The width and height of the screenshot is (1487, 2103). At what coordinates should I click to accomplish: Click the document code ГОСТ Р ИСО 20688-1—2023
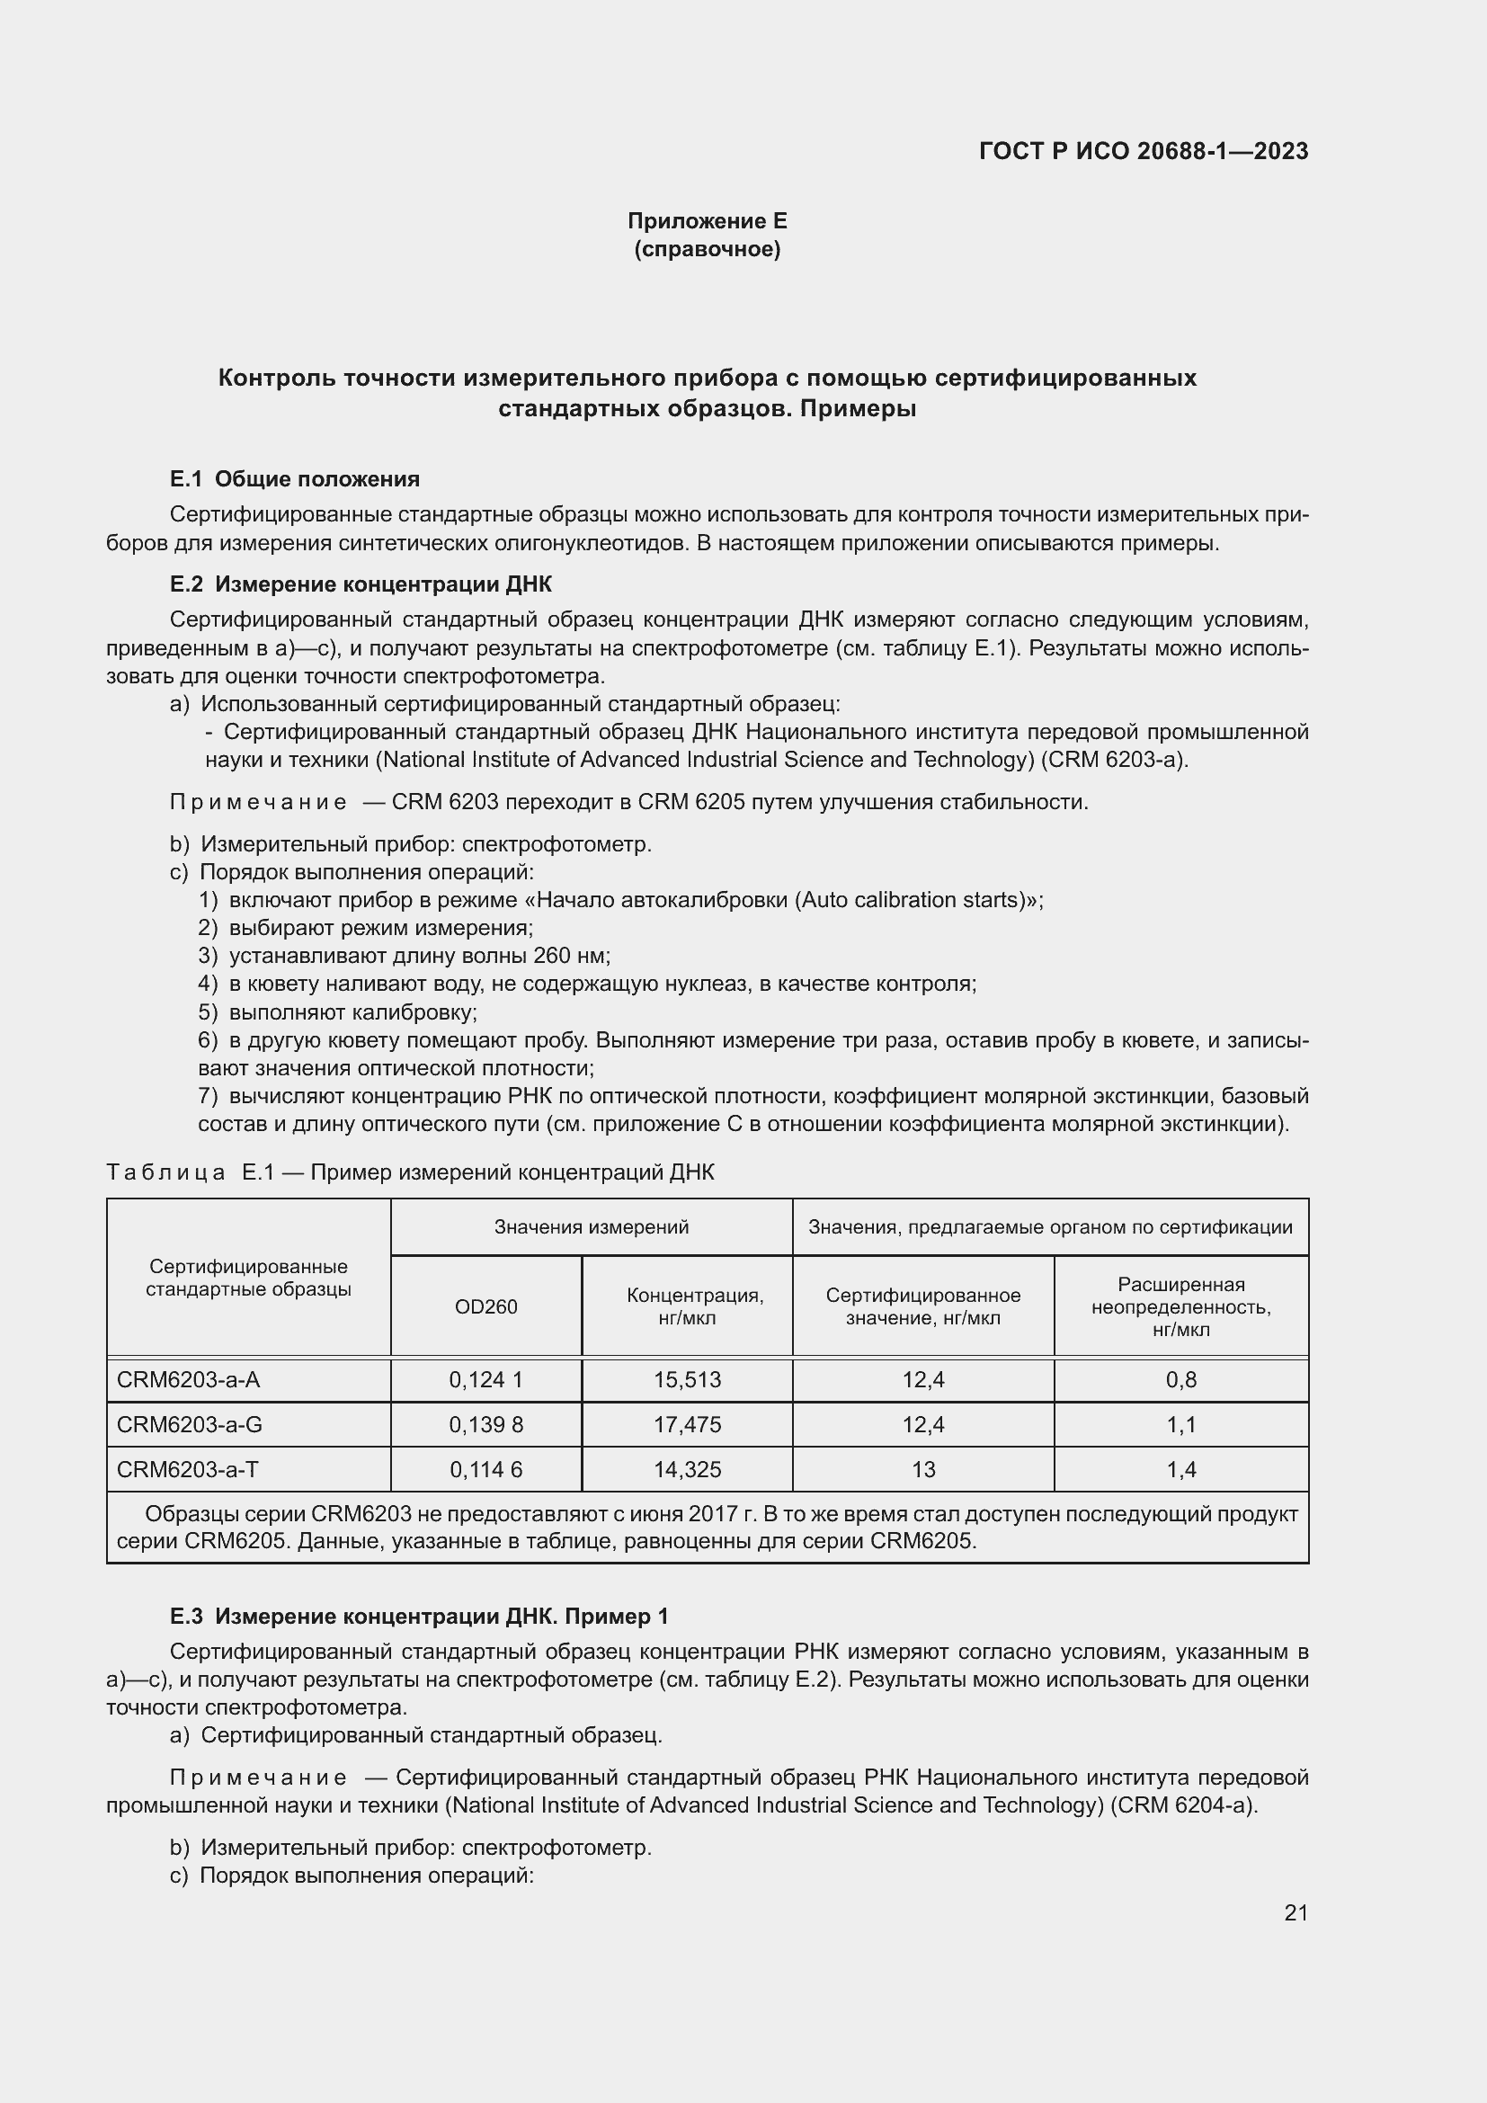point(1143,151)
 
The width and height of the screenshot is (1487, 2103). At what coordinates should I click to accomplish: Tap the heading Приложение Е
point(707,221)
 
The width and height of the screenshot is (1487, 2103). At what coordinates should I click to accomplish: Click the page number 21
point(1296,1912)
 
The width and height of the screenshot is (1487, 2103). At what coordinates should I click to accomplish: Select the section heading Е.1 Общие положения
point(295,479)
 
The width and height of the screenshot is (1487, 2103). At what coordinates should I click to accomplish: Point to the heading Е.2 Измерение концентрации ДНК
point(361,584)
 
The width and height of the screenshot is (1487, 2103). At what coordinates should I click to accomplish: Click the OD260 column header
point(486,1306)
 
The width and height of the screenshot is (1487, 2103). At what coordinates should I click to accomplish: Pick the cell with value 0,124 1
point(486,1379)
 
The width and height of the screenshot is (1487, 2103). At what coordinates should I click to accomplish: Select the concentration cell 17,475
point(687,1424)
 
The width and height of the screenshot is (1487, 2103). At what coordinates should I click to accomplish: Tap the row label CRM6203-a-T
point(188,1469)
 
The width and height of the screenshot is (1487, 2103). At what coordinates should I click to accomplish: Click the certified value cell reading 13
point(923,1469)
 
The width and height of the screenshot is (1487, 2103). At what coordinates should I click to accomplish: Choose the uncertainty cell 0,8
point(1181,1379)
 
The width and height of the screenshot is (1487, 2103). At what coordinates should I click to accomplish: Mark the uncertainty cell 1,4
point(1181,1469)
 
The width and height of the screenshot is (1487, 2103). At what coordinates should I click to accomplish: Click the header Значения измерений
point(592,1226)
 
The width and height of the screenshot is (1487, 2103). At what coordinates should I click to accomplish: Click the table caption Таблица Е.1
point(410,1172)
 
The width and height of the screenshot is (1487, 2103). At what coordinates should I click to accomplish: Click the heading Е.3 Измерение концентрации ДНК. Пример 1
point(419,1616)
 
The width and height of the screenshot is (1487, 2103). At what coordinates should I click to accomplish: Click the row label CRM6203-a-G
point(190,1424)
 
